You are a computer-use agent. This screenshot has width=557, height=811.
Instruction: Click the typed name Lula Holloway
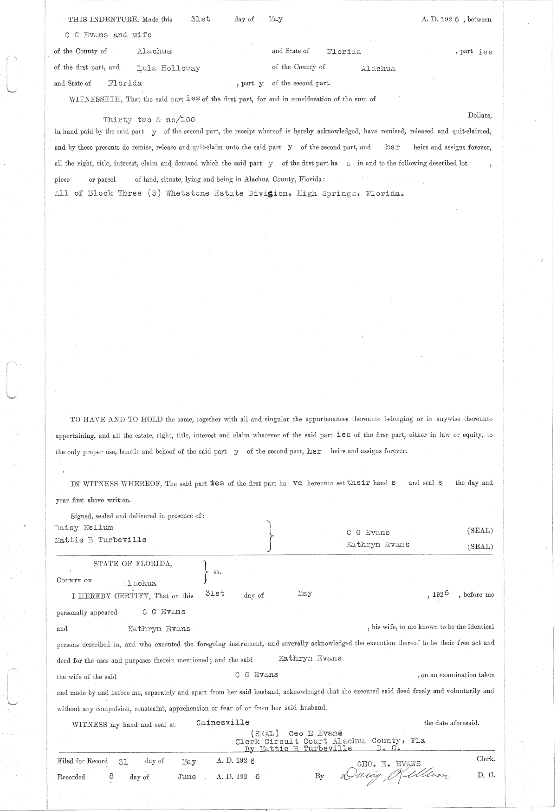pos(168,68)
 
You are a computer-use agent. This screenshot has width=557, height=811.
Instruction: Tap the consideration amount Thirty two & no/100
pos(146,119)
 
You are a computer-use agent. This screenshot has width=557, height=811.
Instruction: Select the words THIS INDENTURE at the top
pos(101,20)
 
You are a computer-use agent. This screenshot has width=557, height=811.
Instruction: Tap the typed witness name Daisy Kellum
pos(84,527)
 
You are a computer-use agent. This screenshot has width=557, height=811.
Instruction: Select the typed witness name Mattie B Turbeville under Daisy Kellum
pos(100,540)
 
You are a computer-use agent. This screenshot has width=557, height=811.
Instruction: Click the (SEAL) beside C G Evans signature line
pos(480,531)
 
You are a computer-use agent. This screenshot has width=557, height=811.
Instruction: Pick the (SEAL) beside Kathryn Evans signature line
pos(480,547)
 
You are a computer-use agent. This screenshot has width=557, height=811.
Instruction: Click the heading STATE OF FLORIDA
pos(133,564)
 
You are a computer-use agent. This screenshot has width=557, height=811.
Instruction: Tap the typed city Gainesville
pos(223,722)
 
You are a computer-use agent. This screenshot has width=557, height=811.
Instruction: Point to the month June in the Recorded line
pos(187,777)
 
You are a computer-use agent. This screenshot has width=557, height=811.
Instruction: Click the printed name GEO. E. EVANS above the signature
pos(389,763)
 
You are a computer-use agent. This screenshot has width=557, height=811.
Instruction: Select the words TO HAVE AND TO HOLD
pos(116,419)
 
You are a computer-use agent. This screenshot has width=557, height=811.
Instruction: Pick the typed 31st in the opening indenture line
pos(201,19)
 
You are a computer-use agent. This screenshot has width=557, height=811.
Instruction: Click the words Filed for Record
pos(83,761)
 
